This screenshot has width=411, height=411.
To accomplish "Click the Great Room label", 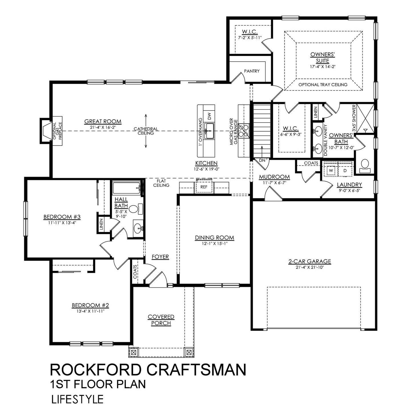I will pos(103,122).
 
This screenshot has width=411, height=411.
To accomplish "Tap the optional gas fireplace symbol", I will pos(46,130).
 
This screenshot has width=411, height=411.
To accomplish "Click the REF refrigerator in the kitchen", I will pos(204,187).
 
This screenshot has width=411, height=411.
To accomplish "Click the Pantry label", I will pos(251,71).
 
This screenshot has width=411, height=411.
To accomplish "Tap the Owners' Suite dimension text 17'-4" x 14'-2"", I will pos(323,67).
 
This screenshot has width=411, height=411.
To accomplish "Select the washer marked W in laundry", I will pos(331,170).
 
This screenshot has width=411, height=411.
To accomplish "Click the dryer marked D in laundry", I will pos(345,170).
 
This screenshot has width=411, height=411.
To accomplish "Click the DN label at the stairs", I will pos(262,160).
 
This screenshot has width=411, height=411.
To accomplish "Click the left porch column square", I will pos(133,352).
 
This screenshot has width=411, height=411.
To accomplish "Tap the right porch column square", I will pos(189,352).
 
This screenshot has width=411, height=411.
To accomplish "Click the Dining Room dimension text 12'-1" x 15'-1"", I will pos(214,243).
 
